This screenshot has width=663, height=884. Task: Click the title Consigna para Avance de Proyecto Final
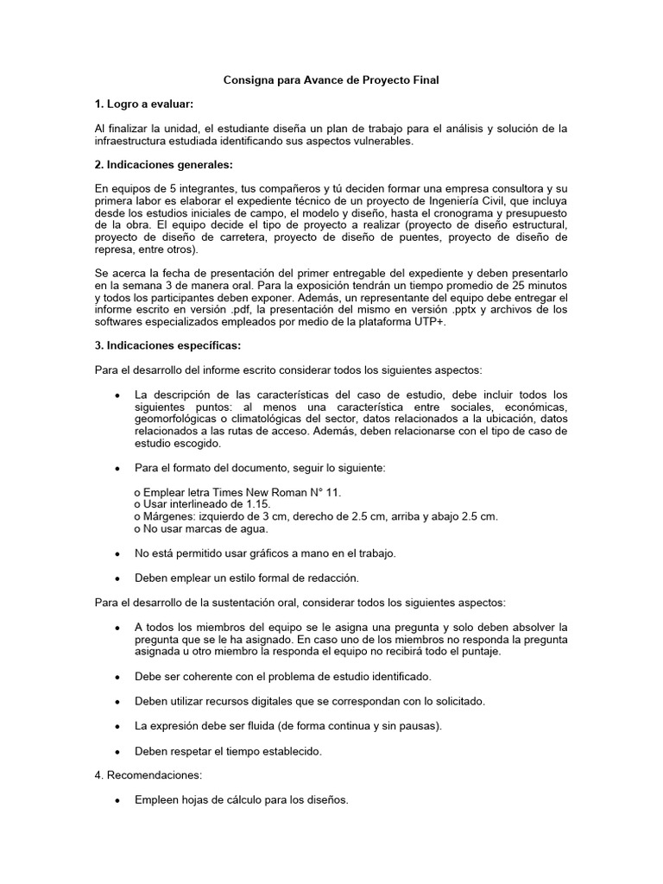(331, 80)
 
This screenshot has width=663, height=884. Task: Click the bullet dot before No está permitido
(117, 552)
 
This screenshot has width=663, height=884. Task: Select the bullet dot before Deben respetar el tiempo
(117, 752)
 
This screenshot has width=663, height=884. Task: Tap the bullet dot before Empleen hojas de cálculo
(117, 800)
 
